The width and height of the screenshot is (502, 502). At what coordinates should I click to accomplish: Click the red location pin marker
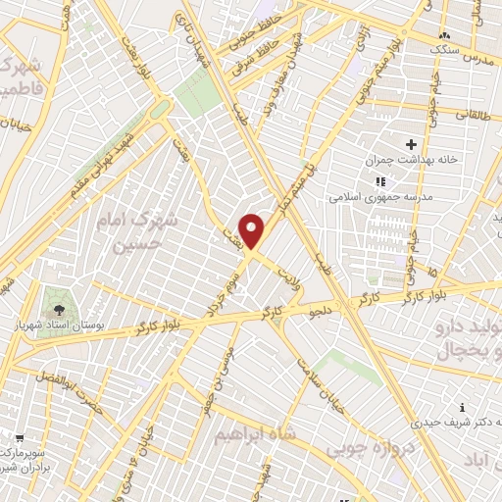[252, 230]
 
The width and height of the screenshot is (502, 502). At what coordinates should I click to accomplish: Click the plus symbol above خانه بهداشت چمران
[412, 144]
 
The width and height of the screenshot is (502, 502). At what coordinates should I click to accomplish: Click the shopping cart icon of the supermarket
[20, 438]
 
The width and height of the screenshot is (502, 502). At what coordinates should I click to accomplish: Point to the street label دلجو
[322, 309]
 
